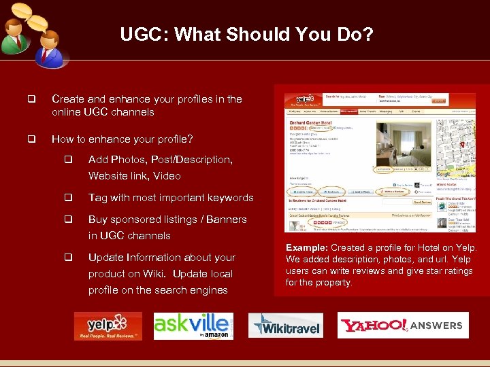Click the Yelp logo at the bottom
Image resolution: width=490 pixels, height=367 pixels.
(x=108, y=326)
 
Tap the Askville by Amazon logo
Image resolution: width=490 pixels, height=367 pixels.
(x=193, y=326)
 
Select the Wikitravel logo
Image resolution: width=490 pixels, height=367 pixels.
(x=285, y=326)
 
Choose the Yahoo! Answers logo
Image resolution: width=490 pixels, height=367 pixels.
(x=402, y=326)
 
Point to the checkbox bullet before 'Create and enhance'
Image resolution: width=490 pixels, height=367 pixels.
(x=31, y=99)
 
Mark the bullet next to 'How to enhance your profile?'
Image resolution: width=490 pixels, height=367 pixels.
(x=31, y=139)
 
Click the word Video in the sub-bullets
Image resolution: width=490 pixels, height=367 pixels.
(x=167, y=176)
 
